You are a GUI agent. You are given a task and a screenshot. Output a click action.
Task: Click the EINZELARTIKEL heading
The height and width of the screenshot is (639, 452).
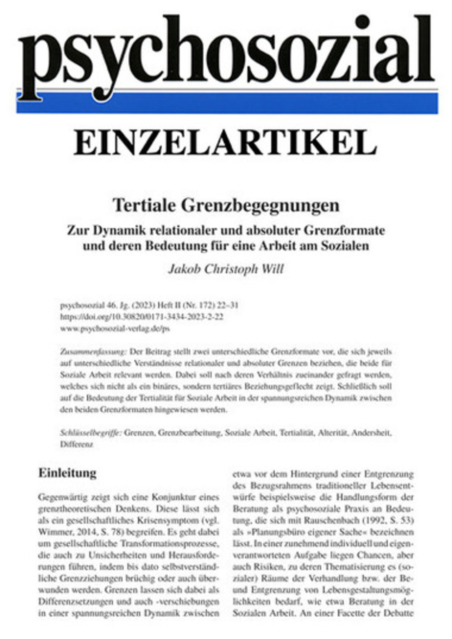[x=225, y=144]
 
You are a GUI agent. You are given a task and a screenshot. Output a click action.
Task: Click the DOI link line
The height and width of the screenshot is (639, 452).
[x=142, y=317]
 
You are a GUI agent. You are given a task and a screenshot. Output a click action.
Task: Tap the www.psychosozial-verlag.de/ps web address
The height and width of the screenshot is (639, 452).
[x=115, y=329]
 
